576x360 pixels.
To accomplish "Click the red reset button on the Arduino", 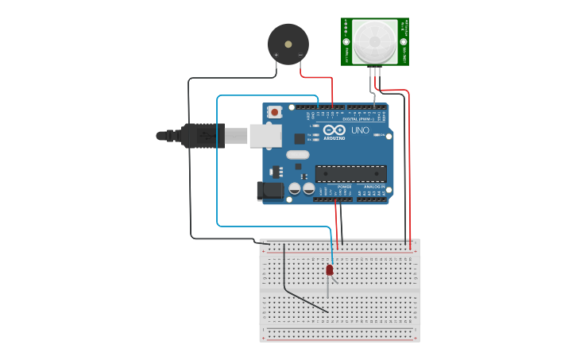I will [x=275, y=113].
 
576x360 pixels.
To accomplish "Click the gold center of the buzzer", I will [x=287, y=42].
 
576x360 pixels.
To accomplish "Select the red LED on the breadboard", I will [x=330, y=270].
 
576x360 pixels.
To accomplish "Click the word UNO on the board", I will [x=360, y=130].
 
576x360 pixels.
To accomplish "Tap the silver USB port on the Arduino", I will [x=266, y=135].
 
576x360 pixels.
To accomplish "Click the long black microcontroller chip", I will [x=351, y=173].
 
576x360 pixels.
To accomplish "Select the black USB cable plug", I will [x=199, y=136].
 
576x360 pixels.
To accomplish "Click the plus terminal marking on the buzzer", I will [x=276, y=55].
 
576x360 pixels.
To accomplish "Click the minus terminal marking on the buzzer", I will [x=300, y=55].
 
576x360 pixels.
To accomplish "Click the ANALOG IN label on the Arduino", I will [x=373, y=187].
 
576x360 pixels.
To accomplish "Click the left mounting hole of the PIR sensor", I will [x=346, y=42].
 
